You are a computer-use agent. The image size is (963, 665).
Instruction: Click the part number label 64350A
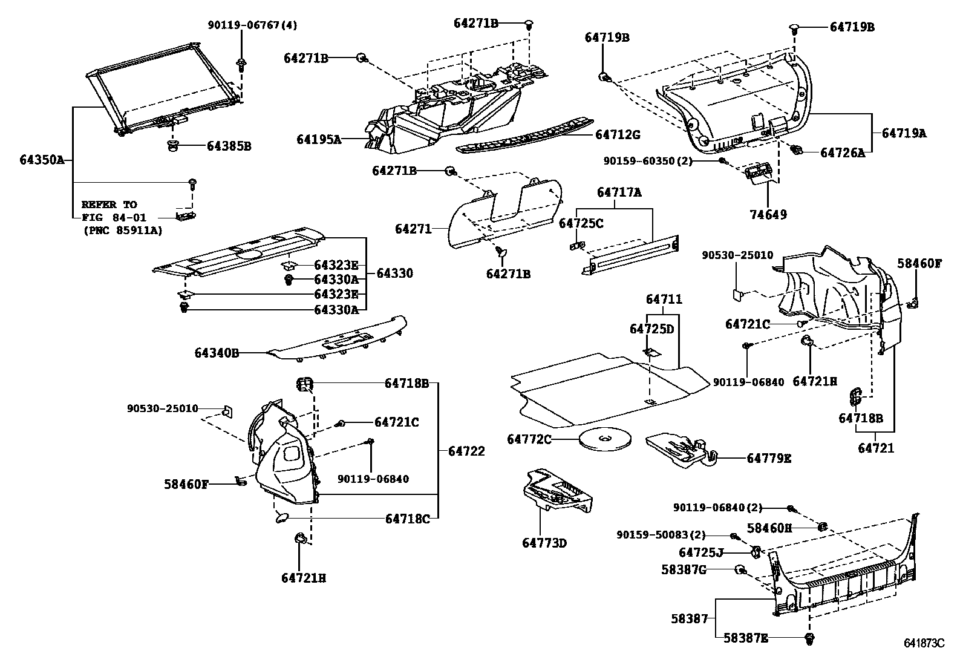click(41, 160)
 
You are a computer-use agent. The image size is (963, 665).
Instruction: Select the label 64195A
click(319, 140)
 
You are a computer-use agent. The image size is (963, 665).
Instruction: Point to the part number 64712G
click(617, 134)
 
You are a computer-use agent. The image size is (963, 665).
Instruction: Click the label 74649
click(768, 214)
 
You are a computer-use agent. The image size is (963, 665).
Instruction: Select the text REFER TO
click(109, 205)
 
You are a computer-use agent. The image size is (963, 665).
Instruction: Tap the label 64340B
click(217, 352)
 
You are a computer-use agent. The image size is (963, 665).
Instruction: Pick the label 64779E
click(768, 458)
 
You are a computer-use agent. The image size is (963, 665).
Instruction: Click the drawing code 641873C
click(924, 643)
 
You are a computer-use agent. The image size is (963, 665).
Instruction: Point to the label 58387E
click(746, 638)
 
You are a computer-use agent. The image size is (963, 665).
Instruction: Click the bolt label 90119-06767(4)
click(252, 25)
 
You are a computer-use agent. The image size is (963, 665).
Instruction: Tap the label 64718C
click(407, 519)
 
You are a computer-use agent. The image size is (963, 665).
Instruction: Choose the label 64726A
click(842, 153)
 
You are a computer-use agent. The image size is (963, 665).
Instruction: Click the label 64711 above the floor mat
click(664, 299)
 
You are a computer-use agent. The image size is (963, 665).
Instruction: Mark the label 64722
click(466, 451)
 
